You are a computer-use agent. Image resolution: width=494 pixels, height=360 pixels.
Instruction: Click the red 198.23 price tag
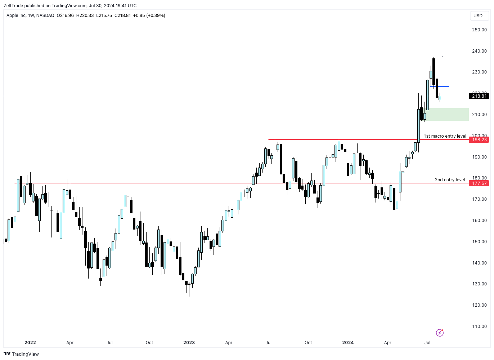[x=479, y=140]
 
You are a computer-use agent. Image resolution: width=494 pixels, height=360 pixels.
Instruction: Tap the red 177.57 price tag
[x=479, y=183]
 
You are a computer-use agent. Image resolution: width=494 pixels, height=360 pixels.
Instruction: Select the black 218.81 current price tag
[x=479, y=96]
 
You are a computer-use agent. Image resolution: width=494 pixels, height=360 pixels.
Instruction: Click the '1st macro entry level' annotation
[x=445, y=136]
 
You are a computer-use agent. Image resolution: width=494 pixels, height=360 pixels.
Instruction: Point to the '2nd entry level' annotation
[x=450, y=180]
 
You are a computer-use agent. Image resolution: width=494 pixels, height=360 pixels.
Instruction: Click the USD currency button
[x=478, y=16]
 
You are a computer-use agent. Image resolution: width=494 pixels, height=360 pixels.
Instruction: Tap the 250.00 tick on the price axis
[x=479, y=30]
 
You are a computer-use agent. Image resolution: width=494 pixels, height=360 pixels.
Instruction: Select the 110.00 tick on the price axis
[x=479, y=326]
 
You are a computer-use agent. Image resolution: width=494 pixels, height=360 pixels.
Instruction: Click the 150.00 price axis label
[x=479, y=242]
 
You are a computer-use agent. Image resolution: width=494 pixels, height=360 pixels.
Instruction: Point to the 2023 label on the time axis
[x=189, y=343]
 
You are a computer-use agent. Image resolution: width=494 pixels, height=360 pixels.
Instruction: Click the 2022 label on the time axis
[x=30, y=343]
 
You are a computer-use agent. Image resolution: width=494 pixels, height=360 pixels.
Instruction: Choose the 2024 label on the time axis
[x=348, y=343]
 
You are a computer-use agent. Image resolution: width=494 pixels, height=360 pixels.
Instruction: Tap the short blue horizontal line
[x=440, y=86]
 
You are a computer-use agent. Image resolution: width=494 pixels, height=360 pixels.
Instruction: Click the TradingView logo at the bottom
[x=21, y=354]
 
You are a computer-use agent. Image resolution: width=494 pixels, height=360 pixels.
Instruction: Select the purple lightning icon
[x=440, y=333]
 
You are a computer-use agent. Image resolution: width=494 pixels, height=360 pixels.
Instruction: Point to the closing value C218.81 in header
[x=122, y=15]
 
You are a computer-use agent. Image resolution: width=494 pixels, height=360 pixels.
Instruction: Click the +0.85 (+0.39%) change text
[x=149, y=15]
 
